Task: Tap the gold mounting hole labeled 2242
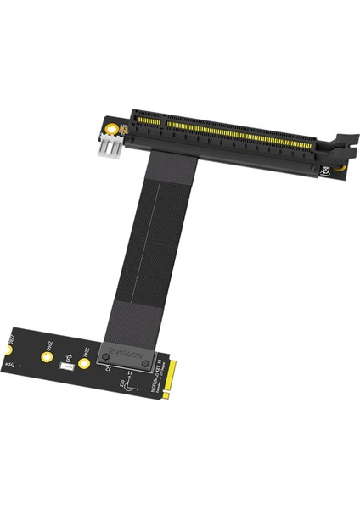coord(84,365)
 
